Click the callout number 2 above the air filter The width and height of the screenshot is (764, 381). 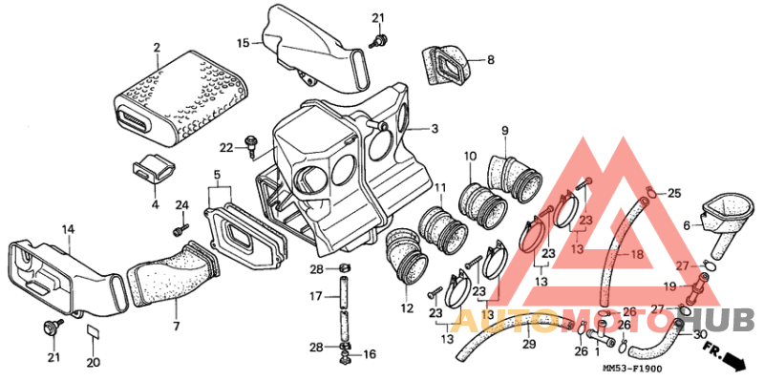157,48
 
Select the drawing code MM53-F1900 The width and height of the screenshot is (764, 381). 633,370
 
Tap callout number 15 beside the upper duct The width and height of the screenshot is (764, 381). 244,43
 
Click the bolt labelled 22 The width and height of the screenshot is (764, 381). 252,145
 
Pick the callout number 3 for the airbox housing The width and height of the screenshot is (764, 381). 435,129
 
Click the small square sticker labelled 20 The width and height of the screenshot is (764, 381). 93,331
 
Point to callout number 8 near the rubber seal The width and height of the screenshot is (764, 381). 490,60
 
